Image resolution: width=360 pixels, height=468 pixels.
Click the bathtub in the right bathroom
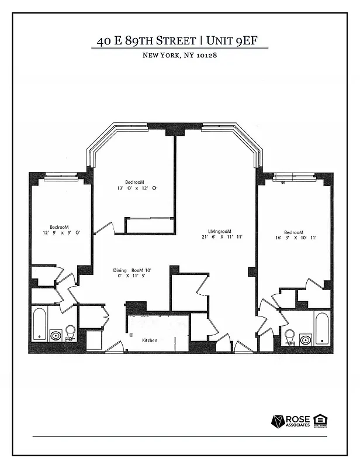tap(321, 329)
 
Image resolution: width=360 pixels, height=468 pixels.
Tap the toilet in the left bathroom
tap(71, 332)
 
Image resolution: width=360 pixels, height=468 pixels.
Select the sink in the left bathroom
tap(56, 336)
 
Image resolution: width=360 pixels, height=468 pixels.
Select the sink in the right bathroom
tap(304, 339)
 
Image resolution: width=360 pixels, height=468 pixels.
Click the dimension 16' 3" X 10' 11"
tap(296, 238)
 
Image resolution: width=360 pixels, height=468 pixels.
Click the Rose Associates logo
tap(290, 421)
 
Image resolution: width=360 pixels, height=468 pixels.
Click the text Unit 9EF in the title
tap(234, 41)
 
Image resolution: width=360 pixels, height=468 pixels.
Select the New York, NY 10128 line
tap(179, 56)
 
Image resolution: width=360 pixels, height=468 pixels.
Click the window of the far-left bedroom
tap(61, 174)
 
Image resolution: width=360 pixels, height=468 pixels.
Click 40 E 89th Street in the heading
tap(146, 41)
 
